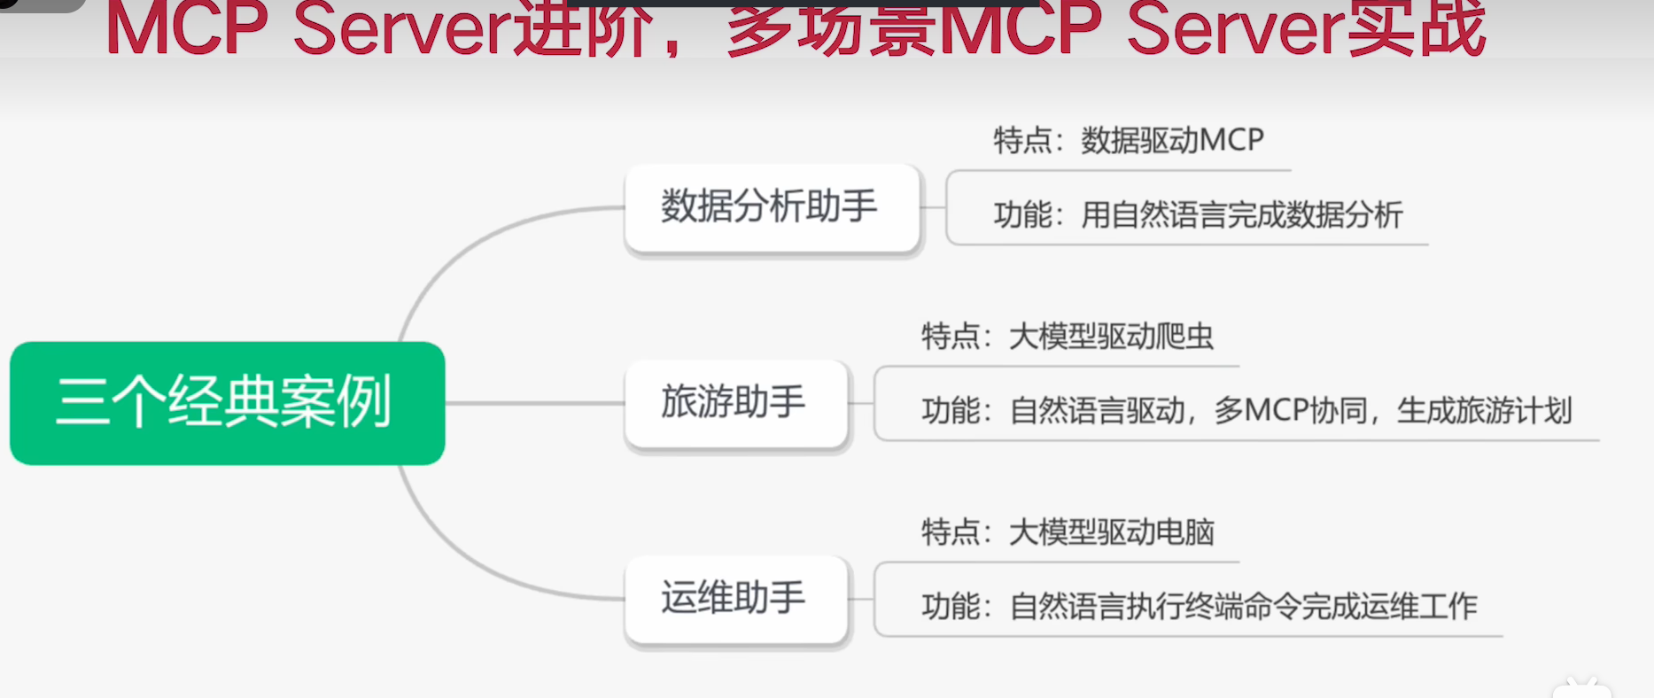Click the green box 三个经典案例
(227, 403)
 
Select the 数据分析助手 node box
(773, 207)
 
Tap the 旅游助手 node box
(736, 403)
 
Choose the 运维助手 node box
(736, 599)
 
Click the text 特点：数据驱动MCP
(1129, 140)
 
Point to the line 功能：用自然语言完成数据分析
(1198, 214)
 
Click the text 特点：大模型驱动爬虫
(1068, 337)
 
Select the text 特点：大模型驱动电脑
(1068, 532)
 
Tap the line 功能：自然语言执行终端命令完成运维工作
(1200, 607)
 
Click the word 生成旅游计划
(1484, 411)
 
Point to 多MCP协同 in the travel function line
(1290, 411)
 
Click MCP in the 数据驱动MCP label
(1232, 140)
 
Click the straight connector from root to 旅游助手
(535, 403)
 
